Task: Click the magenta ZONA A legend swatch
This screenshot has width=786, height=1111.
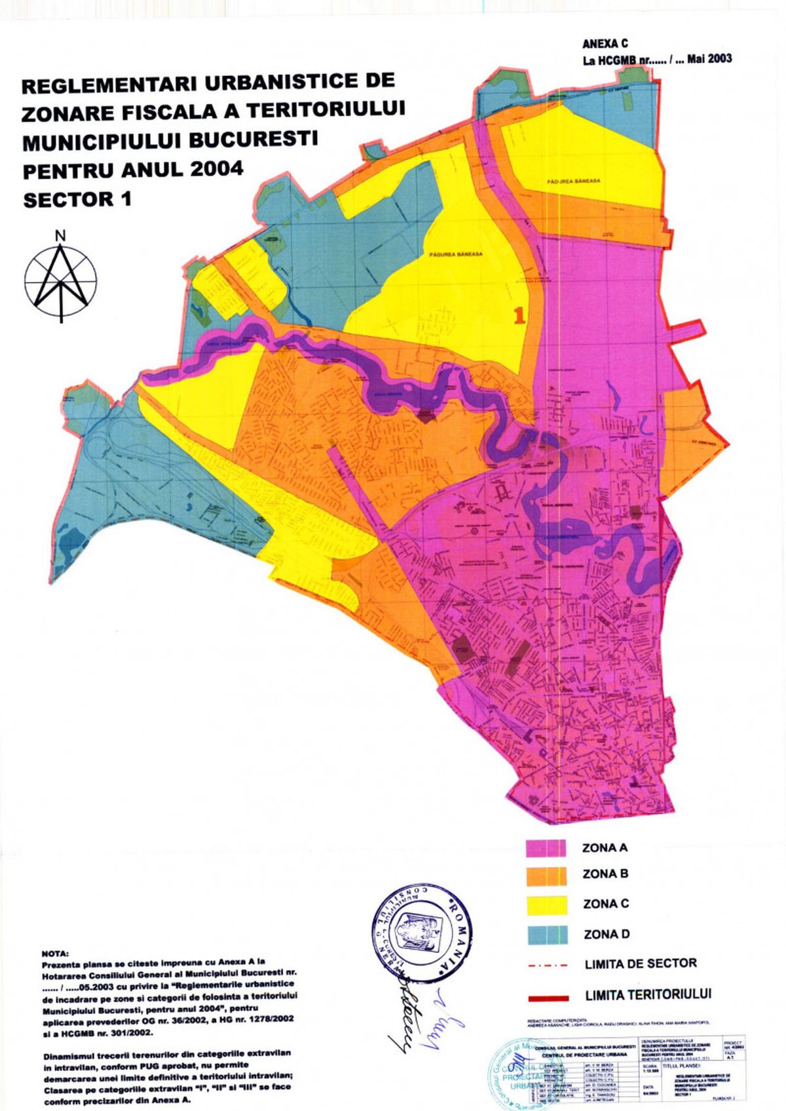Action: click(546, 847)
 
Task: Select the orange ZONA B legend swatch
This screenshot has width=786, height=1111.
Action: click(546, 876)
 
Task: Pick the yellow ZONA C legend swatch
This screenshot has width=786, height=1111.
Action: click(546, 905)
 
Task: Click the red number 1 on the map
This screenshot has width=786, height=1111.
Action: click(519, 316)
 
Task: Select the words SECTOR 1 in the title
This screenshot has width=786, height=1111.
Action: click(77, 199)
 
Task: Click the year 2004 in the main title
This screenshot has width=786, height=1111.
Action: click(217, 169)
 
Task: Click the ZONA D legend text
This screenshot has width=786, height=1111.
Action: click(606, 934)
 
